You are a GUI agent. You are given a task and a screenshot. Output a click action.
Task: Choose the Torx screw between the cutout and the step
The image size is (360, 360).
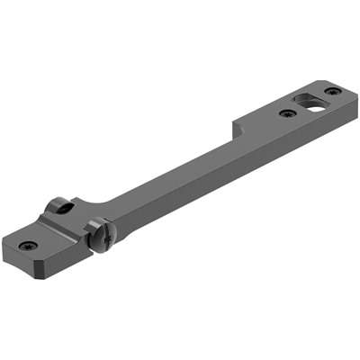(x=287, y=113)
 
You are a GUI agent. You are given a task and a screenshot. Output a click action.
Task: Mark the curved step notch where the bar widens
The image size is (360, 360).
(x=236, y=129)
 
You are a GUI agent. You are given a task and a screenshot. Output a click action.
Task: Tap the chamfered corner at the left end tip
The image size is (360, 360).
(x=7, y=245)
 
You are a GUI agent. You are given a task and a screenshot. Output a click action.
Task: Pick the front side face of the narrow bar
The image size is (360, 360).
(x=180, y=193)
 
